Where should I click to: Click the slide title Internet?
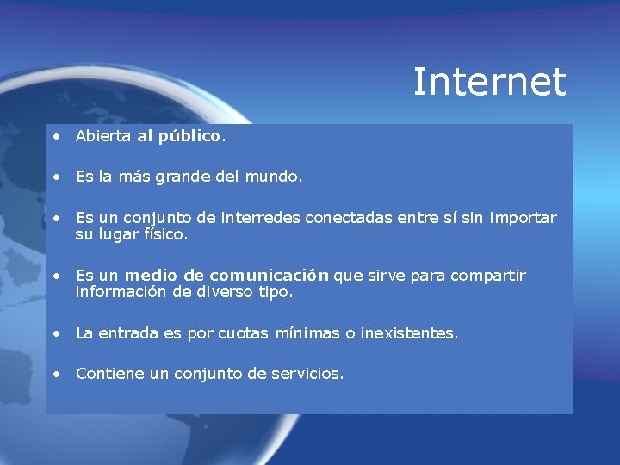pyautogui.click(x=489, y=83)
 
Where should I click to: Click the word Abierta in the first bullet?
pyautogui.click(x=103, y=136)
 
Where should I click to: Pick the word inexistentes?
pyautogui.click(x=409, y=333)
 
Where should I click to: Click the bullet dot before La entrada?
pyautogui.click(x=56, y=333)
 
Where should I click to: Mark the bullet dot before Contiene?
pyautogui.click(x=56, y=374)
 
